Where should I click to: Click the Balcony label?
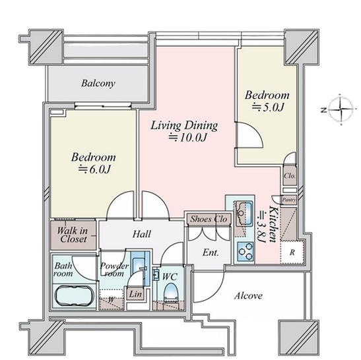point(98,84)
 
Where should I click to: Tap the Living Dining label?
point(184,125)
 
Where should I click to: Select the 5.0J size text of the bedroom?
point(267,107)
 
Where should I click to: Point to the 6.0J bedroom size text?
point(94,169)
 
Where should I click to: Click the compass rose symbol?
point(341,109)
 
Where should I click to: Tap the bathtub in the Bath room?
point(74,295)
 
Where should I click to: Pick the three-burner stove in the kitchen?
point(246,251)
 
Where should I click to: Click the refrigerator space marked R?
point(292,253)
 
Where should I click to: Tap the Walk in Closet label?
point(73,235)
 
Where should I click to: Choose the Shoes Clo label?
point(209,219)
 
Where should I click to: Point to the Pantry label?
point(289,200)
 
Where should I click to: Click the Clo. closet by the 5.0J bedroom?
point(290,176)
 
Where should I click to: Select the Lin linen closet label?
point(135,294)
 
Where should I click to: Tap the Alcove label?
point(248,295)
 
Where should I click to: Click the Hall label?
point(142,234)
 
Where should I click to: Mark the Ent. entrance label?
point(211,253)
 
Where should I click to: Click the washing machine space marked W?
point(111,299)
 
